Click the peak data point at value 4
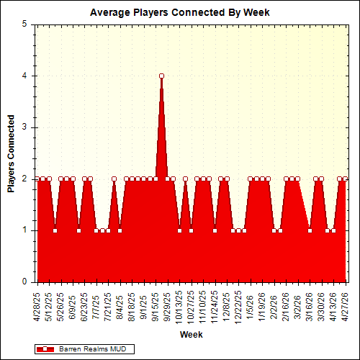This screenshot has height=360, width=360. (x=161, y=76)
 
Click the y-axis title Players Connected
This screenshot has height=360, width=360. (x=11, y=153)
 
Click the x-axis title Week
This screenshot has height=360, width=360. (x=191, y=335)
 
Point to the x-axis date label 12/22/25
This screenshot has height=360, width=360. (x=239, y=305)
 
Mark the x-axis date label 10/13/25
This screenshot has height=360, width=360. (x=180, y=305)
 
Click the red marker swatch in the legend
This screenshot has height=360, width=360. (x=48, y=348)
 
